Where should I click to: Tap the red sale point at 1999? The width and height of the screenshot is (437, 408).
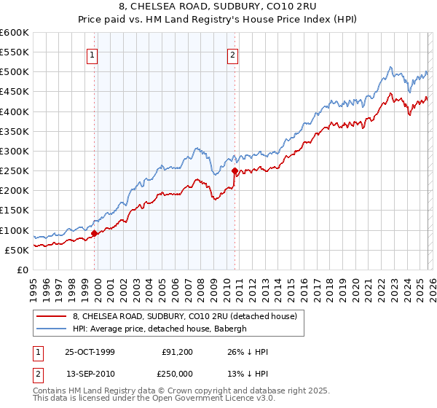pyautogui.click(x=95, y=234)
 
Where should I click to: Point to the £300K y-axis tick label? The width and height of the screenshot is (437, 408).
pyautogui.click(x=14, y=151)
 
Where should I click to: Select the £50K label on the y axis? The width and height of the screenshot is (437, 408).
pyautogui.click(x=16, y=250)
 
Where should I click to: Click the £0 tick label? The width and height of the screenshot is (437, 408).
pyautogui.click(x=22, y=270)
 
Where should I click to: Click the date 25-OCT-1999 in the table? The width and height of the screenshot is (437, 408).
pyautogui.click(x=90, y=352)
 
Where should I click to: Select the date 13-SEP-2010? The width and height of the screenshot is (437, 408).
pyautogui.click(x=90, y=372)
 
